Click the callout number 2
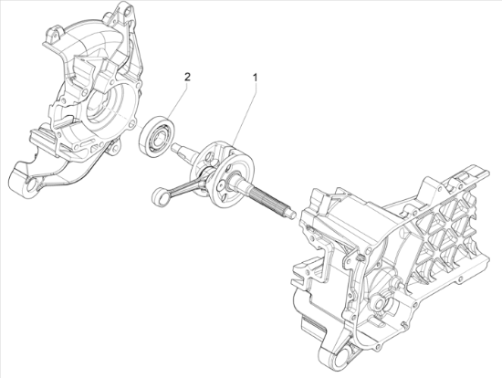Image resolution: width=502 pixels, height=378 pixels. [187, 77]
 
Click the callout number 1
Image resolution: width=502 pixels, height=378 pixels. [256, 78]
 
